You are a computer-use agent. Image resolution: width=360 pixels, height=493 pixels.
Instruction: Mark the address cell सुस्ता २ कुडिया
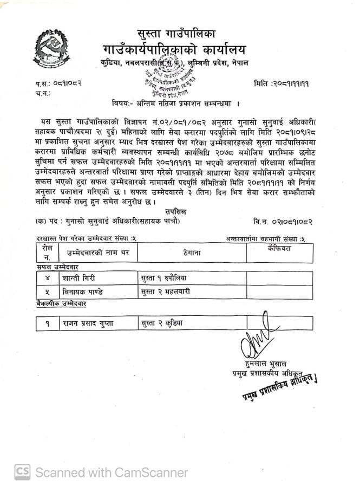(x=162, y=323)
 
